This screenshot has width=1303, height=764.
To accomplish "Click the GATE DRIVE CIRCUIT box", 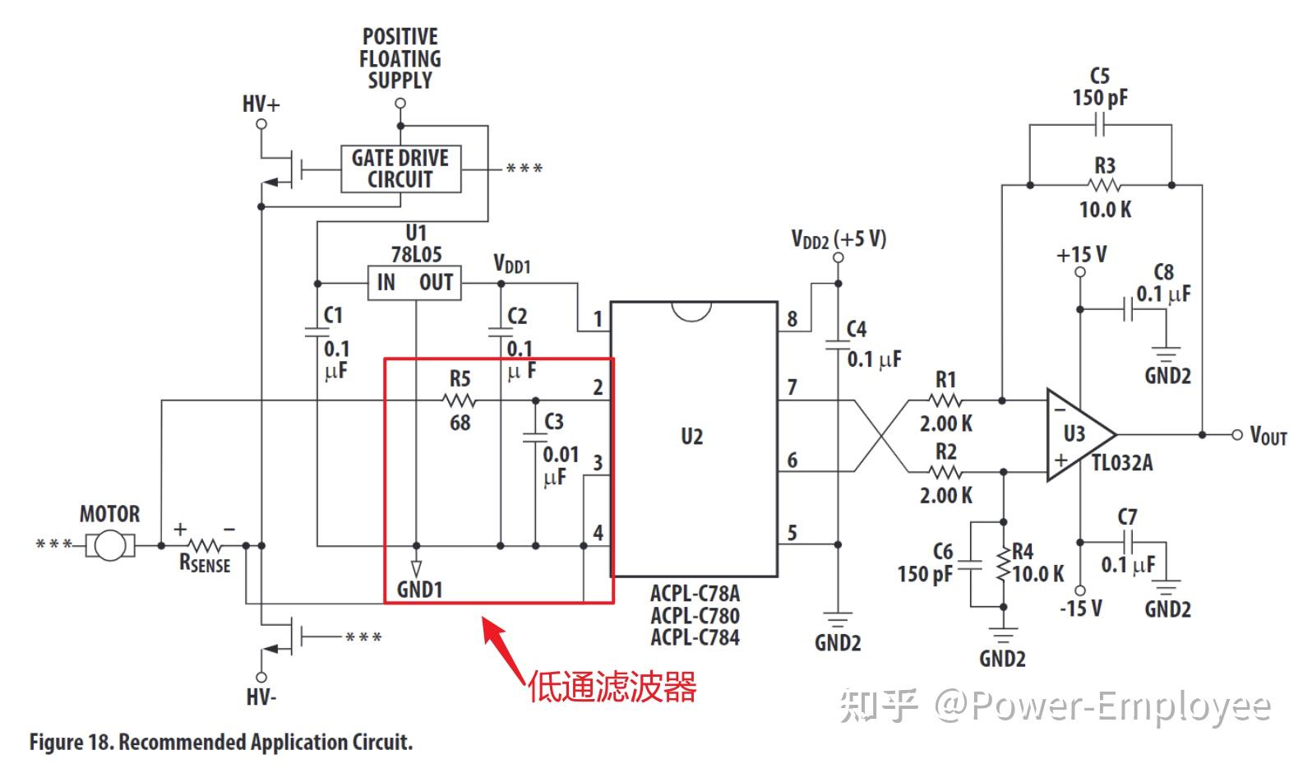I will pos(400,169).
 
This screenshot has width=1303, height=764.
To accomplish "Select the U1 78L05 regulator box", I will pos(414,282).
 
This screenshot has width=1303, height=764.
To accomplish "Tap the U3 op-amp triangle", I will pos(1077,434).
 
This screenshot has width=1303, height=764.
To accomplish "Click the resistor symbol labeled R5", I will pos(459,401).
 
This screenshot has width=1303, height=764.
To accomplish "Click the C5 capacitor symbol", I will pos(1100,126).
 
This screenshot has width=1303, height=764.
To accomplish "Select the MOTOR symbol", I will pos(109,544).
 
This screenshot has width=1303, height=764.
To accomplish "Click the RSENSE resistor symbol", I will pos(204,544).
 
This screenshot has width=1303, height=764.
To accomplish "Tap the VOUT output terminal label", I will pos(1268,435).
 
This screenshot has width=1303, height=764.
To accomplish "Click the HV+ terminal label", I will pos(261,104).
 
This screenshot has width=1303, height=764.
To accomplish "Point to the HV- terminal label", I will pos(261,697).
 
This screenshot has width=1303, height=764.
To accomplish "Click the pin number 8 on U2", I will pos(792,319).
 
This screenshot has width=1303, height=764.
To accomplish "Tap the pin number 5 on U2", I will pos(792,533).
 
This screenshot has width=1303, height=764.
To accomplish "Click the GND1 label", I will pos(419,590).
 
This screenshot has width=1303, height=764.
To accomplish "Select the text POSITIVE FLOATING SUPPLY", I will pos(400,58).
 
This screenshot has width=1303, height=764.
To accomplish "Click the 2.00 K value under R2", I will pos(945,495).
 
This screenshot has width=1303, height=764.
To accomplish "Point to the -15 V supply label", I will pos(1080,609).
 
